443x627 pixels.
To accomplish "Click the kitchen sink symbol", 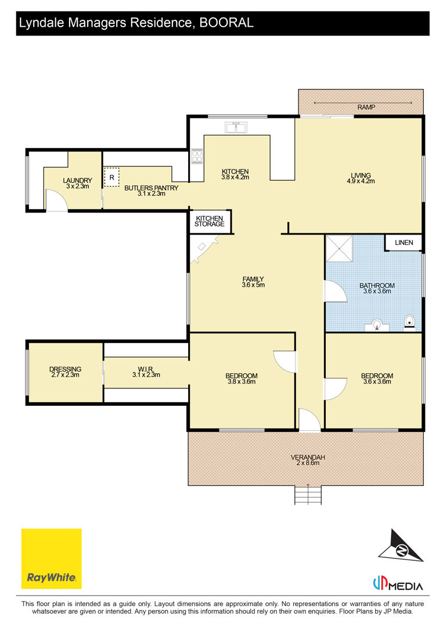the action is [x=236, y=128].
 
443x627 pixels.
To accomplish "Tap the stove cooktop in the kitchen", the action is [x=197, y=156].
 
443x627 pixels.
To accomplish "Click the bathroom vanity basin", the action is [x=377, y=325].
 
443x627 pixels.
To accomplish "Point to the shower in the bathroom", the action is [x=340, y=248].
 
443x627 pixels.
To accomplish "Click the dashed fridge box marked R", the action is [x=112, y=177].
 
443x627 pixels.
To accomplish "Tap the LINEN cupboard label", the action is [x=404, y=242].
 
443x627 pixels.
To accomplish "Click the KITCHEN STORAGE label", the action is [x=210, y=221].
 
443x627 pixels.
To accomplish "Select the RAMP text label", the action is [x=366, y=107].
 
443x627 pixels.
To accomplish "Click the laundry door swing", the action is [x=56, y=200].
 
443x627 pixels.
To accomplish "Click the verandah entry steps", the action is [x=308, y=495].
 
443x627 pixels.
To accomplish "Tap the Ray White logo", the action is [x=51, y=558].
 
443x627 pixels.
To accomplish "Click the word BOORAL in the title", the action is [x=226, y=23].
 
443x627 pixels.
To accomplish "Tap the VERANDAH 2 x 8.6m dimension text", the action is [x=308, y=463].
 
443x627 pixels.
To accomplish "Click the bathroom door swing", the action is [x=335, y=291].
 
